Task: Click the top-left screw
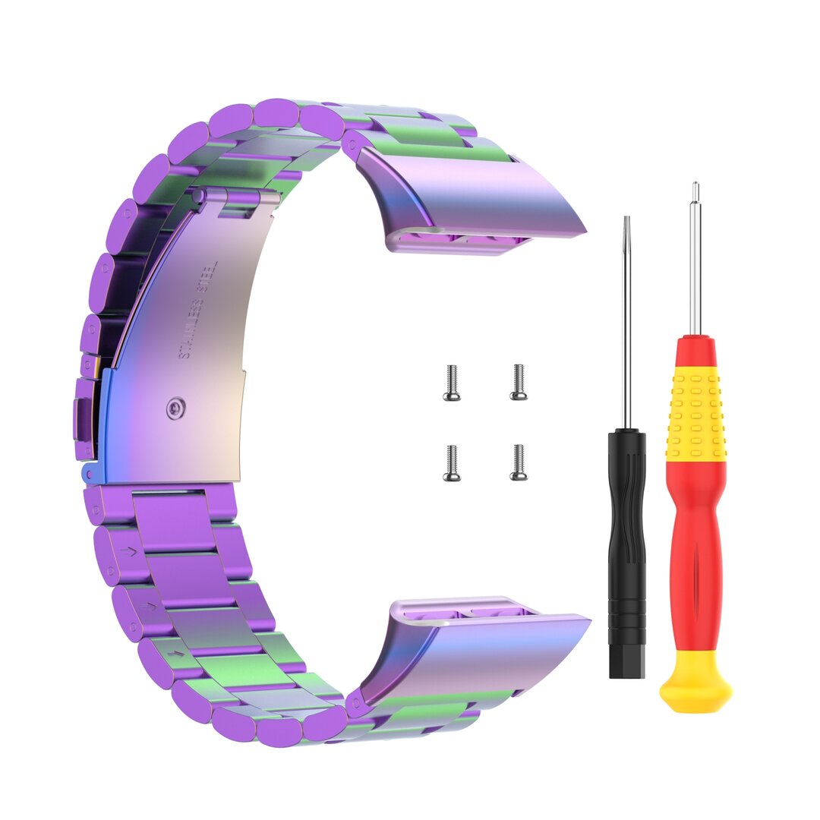452,383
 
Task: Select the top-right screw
519,382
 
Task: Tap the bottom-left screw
452,463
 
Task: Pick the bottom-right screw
519,462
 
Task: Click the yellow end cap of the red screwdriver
695,683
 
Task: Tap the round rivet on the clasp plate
176,409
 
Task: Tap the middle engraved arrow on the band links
151,606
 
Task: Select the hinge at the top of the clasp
235,199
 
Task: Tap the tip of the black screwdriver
626,222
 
